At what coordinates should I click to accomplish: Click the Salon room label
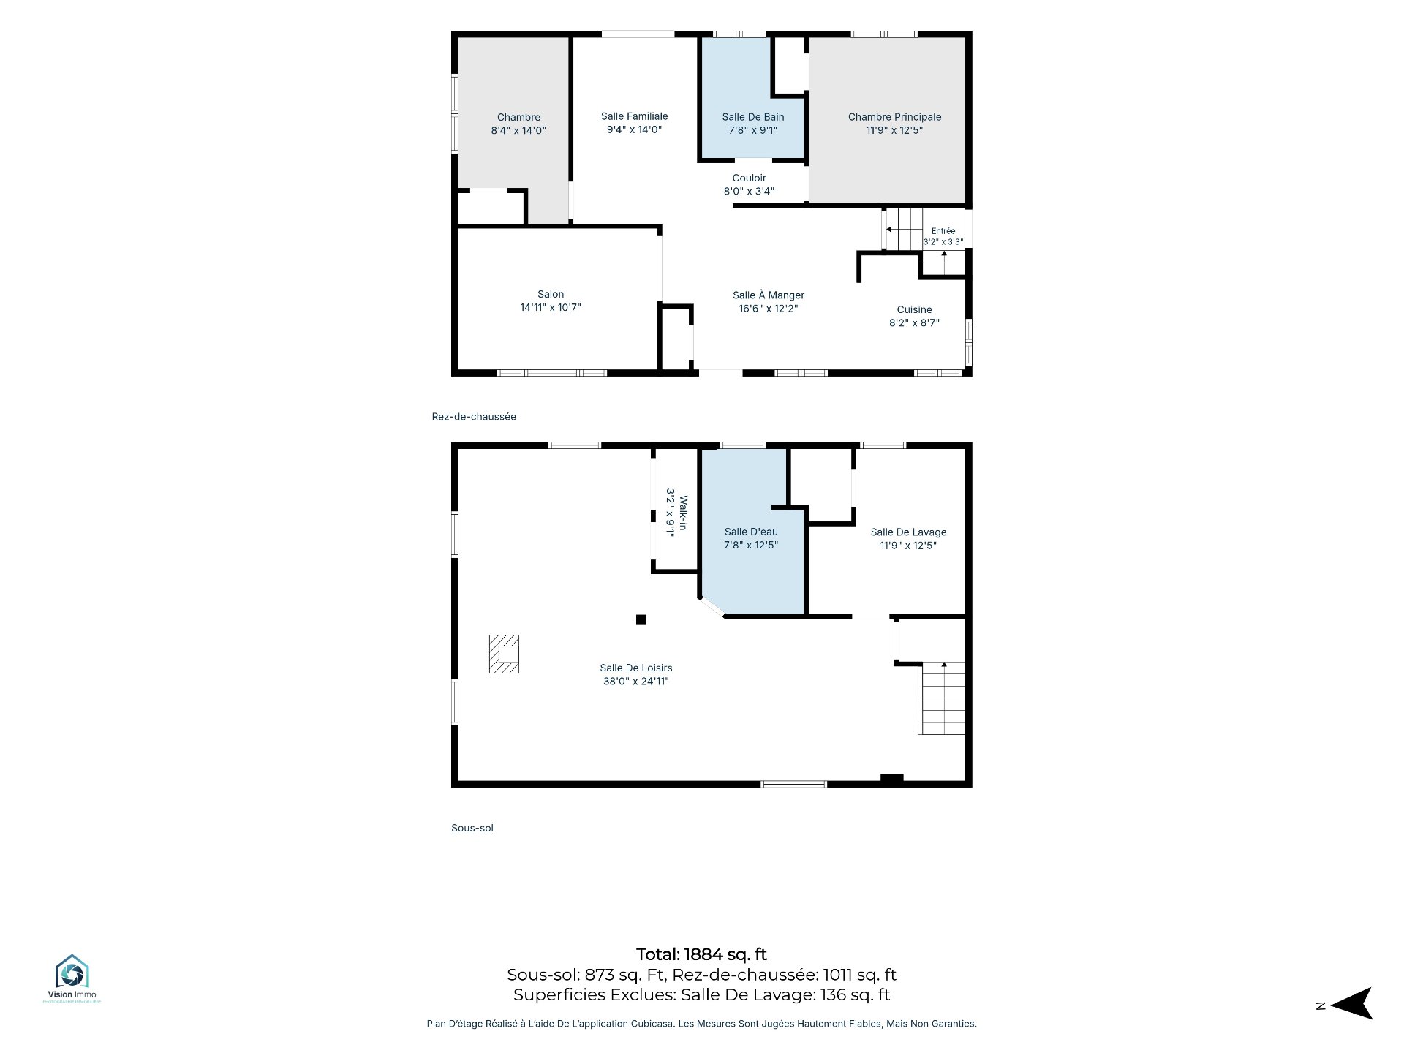[x=551, y=294]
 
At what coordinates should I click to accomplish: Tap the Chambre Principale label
[x=894, y=117]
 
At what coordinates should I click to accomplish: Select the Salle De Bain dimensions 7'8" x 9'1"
[x=752, y=130]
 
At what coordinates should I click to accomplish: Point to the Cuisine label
[x=914, y=309]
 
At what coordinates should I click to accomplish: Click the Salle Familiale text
[x=635, y=116]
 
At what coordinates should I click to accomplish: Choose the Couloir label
[x=750, y=178]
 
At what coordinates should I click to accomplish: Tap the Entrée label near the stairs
[x=943, y=231]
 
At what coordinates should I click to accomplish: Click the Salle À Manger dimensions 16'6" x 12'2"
[x=768, y=309]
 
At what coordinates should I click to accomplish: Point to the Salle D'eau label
[x=751, y=532]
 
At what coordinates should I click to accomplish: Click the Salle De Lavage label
[x=908, y=532]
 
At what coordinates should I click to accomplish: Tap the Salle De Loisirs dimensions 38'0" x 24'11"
[x=636, y=682]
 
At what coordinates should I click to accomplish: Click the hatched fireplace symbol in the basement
[x=504, y=654]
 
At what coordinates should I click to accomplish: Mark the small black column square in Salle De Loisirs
[x=641, y=620]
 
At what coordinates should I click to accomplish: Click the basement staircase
[x=942, y=698]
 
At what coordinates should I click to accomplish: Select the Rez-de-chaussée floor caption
[x=474, y=417]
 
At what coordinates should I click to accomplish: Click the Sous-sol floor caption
[x=472, y=828]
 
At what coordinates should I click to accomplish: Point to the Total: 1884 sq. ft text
[x=701, y=954]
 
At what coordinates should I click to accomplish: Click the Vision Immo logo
[x=72, y=978]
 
